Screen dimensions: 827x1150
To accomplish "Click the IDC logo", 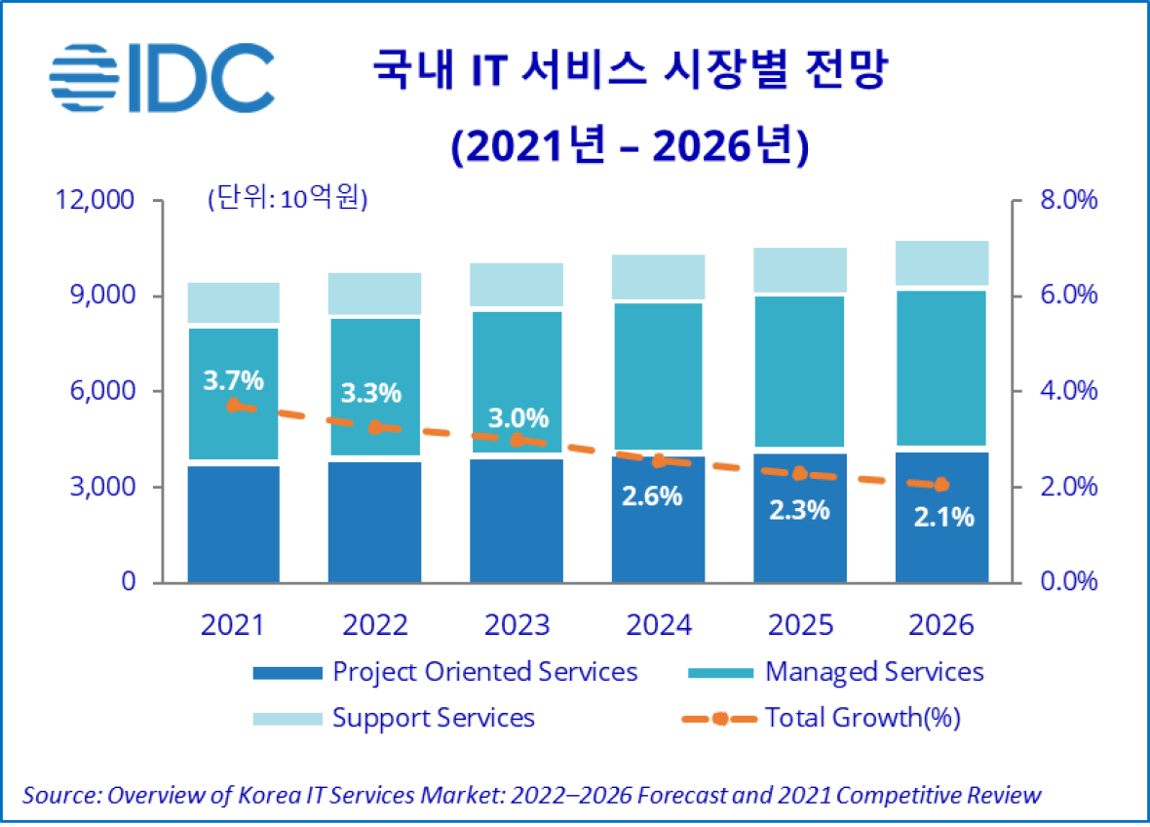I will tap(162, 75).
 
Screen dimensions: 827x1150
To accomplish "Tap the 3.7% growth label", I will tap(233, 380).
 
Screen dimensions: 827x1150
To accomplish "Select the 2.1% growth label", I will tap(943, 517).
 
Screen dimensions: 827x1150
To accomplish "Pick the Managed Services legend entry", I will tap(874, 672).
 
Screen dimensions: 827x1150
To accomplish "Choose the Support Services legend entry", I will tap(433, 719).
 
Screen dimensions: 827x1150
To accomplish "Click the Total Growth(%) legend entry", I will tap(862, 719).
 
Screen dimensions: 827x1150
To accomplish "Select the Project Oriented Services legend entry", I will tap(484, 672).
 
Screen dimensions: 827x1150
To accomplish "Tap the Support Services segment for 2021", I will tap(233, 302).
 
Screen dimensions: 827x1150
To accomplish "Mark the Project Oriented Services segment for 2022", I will tap(374, 522).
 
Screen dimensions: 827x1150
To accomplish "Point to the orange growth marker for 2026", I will tap(940, 485).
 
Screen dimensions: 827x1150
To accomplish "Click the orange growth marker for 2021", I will tap(233, 406).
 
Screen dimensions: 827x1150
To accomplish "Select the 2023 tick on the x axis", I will tap(516, 624).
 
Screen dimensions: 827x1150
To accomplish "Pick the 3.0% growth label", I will tap(517, 418).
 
